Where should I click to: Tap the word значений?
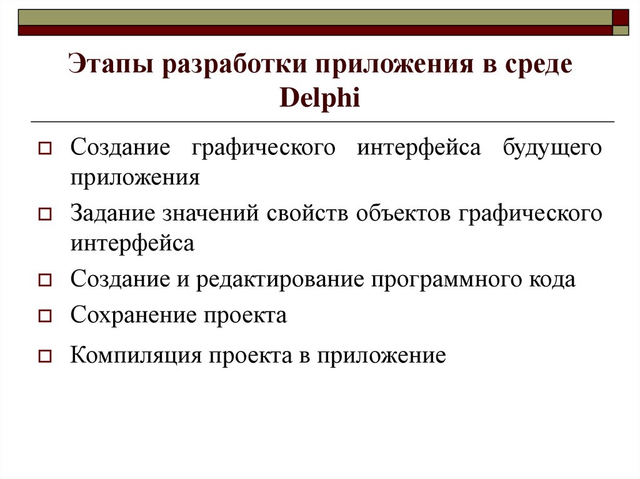[x=212, y=213]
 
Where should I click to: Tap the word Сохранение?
[x=132, y=315]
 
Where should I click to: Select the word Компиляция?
[x=136, y=355]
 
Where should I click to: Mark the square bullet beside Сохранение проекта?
[x=44, y=317]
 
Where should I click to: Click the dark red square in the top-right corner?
[x=621, y=16]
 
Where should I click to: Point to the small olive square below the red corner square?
[x=621, y=30]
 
